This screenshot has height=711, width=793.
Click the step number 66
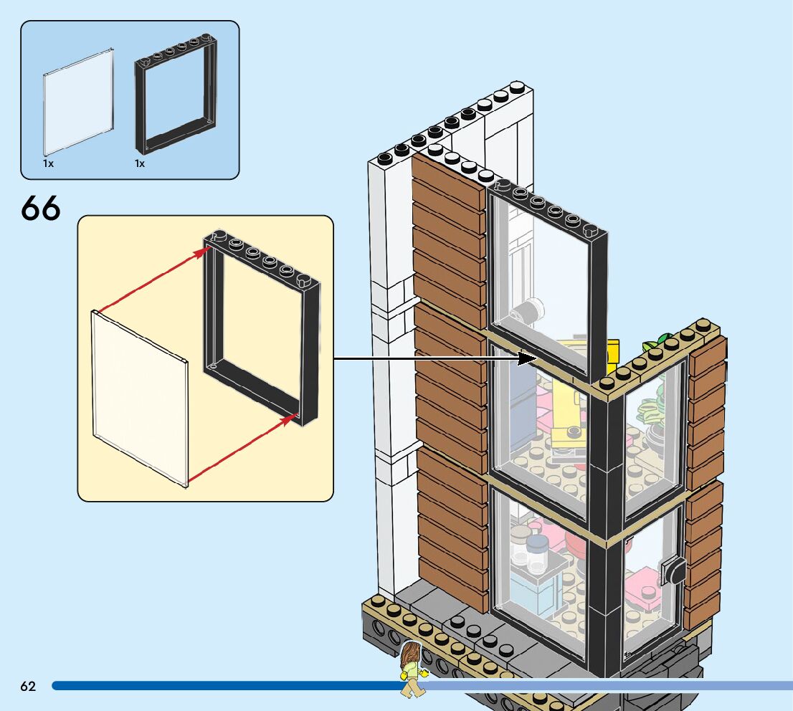click(x=41, y=208)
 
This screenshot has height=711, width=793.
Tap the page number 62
click(x=28, y=686)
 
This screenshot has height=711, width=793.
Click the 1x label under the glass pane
click(x=48, y=164)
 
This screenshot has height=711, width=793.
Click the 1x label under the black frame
click(x=140, y=164)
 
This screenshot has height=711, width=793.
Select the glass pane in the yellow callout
click(x=139, y=398)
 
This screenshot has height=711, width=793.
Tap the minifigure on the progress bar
click(x=412, y=669)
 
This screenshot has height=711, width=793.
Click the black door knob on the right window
click(x=675, y=571)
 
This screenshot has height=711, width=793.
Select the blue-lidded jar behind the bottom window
click(x=538, y=552)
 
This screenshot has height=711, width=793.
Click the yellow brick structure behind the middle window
click(x=566, y=401)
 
